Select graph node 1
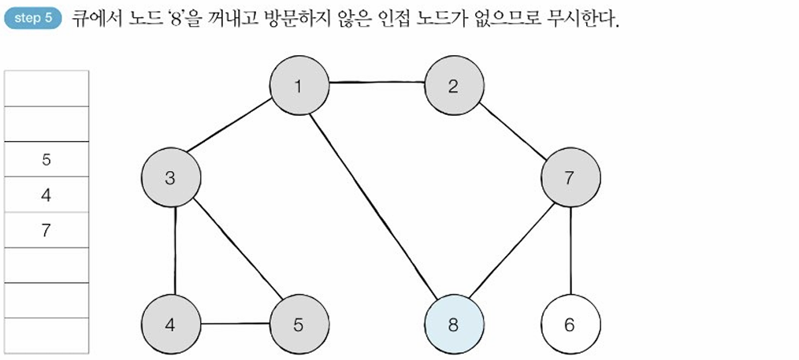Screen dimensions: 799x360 click(x=299, y=87)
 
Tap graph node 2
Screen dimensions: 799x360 click(x=453, y=87)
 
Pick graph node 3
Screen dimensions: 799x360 click(x=170, y=178)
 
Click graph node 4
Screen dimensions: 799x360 click(x=170, y=325)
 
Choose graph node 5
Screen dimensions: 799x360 click(x=299, y=325)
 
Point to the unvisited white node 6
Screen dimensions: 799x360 click(x=571, y=325)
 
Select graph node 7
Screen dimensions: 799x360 click(x=570, y=178)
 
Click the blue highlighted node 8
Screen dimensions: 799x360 click(x=453, y=325)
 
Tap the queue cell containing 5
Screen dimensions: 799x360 click(x=46, y=159)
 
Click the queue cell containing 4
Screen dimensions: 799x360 click(x=46, y=195)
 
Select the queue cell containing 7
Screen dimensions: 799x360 click(x=46, y=230)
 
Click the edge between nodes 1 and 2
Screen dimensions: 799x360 click(x=376, y=83)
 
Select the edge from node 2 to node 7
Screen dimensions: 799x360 click(x=512, y=132)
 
